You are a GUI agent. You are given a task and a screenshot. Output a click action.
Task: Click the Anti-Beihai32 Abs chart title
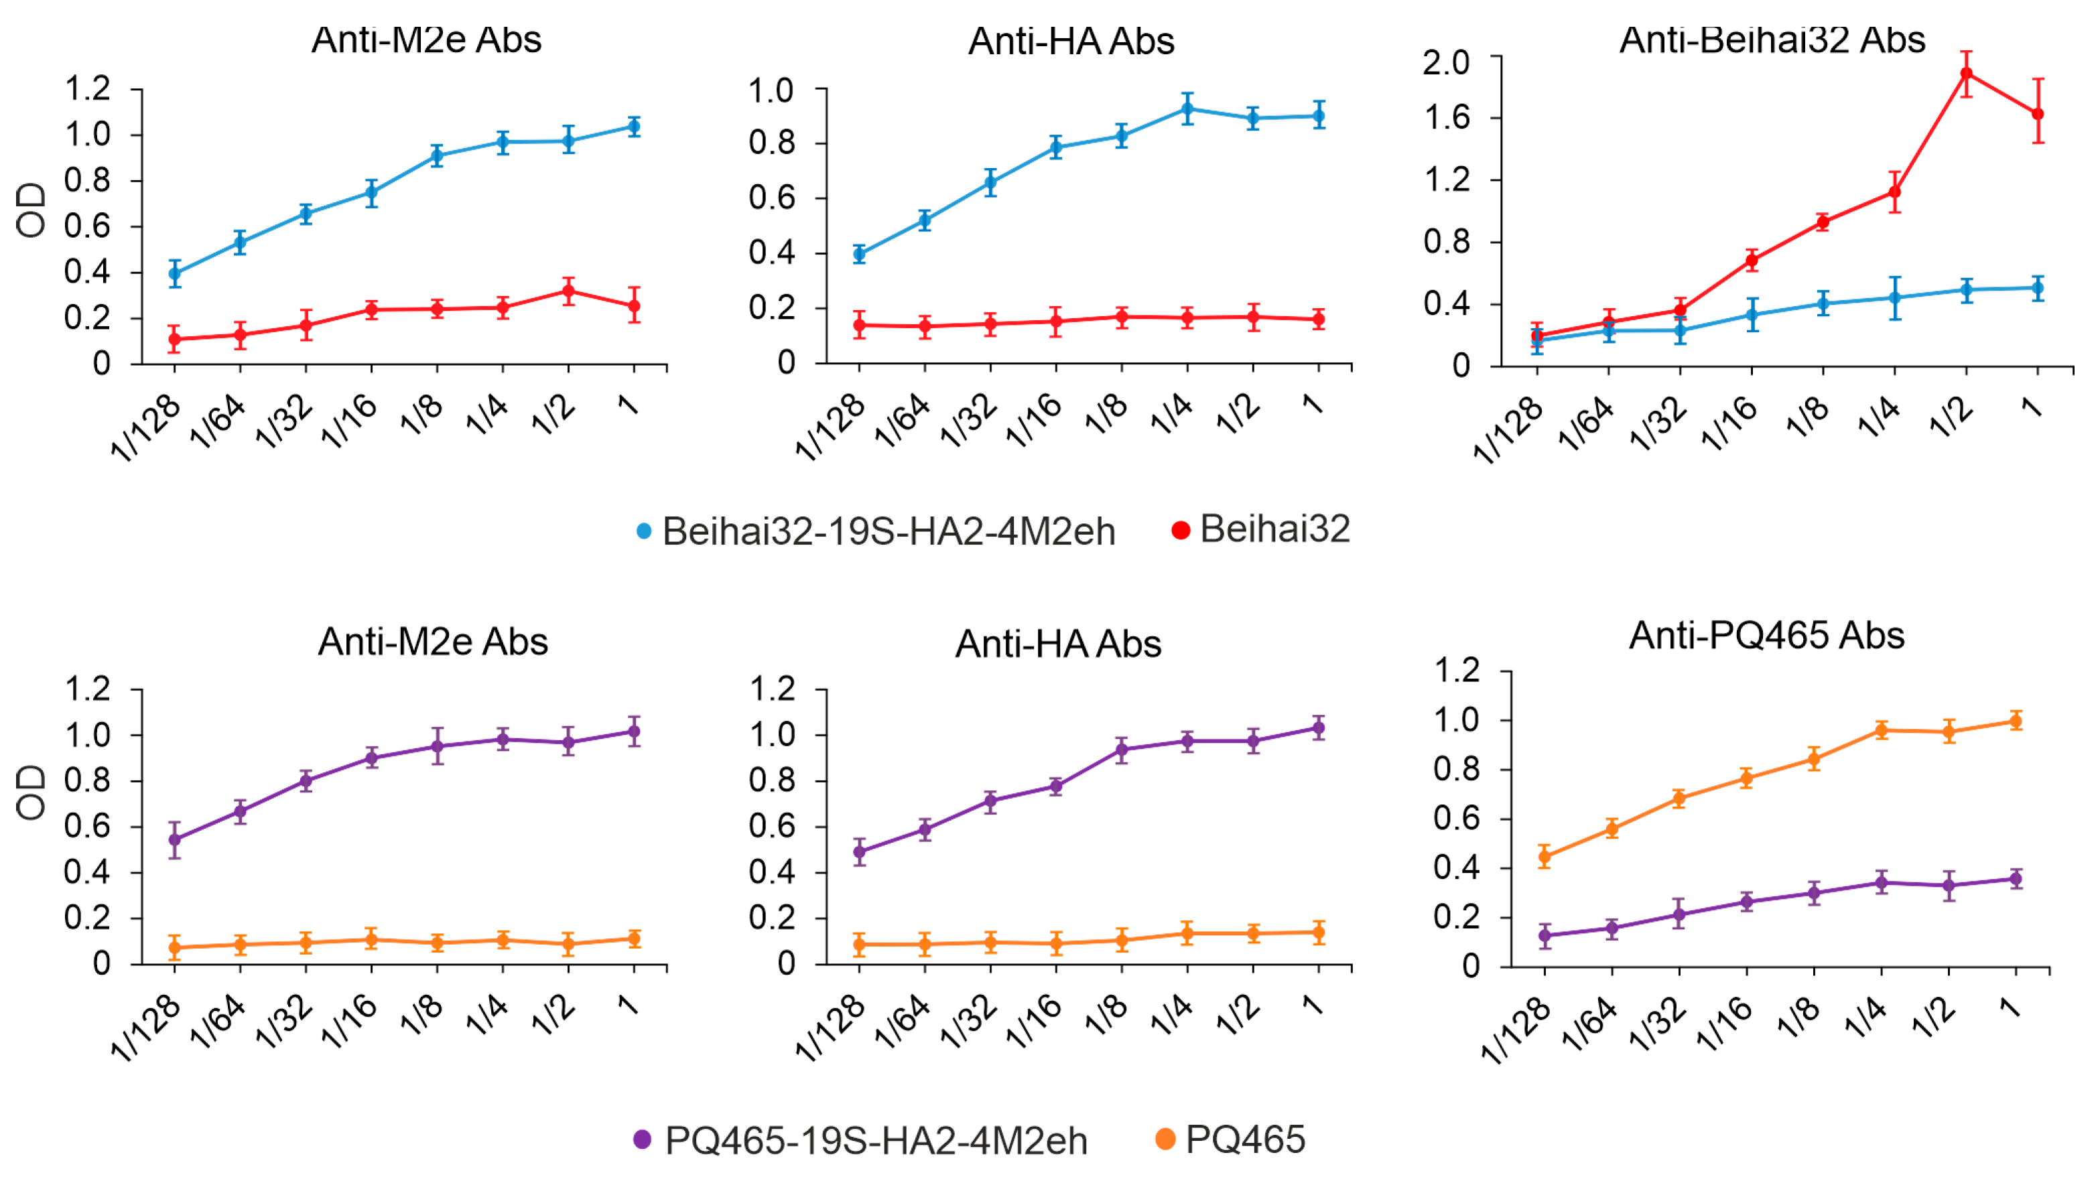pos(1772,39)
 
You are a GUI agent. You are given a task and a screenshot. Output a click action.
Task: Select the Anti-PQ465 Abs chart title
pos(1766,635)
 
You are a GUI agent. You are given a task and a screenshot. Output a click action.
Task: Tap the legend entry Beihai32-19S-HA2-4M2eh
pos(888,532)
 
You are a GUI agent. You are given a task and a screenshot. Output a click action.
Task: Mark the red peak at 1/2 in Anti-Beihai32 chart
pos(1967,74)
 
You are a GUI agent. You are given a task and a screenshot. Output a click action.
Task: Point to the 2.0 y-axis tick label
pos(1445,62)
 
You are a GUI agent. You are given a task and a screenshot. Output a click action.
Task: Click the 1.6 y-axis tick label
pos(1445,118)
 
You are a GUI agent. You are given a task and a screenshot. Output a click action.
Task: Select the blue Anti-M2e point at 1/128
pos(175,273)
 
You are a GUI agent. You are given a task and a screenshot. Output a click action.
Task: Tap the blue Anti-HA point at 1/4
pos(1187,108)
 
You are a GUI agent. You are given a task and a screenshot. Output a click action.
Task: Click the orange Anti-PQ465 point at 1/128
pos(1545,857)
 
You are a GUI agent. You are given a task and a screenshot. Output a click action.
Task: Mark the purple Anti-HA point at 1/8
pos(1122,749)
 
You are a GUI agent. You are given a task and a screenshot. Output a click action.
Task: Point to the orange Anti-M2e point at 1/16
pos(372,939)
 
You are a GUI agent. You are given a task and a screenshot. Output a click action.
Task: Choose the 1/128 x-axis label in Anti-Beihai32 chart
pos(1507,431)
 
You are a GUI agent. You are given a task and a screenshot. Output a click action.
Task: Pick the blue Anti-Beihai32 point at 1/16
pos(1752,315)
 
